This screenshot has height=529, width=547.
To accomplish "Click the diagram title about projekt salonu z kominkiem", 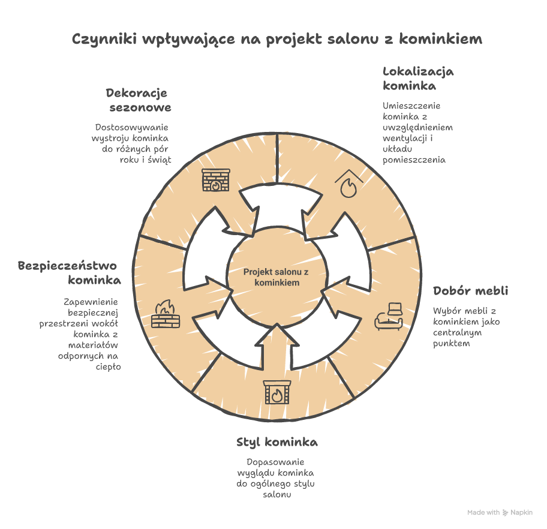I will point(277,40).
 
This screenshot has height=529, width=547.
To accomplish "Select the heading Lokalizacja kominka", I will point(418,79).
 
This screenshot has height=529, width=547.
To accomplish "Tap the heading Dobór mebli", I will point(470,291).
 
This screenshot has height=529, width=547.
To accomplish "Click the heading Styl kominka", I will point(277,443).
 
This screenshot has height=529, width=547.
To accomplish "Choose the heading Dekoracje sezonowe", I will point(139,100).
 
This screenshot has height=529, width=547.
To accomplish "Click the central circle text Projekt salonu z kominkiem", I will point(276,277).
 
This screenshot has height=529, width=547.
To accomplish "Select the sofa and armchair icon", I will point(390,316).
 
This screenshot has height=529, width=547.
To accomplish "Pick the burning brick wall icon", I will point(166,314).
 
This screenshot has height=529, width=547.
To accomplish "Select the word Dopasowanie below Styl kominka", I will point(276,462).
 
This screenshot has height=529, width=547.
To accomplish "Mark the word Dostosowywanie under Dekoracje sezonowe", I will point(132,128).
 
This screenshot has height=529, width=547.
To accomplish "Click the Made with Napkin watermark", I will point(500,513).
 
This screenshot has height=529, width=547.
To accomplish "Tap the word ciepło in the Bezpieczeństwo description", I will point(109,366).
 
